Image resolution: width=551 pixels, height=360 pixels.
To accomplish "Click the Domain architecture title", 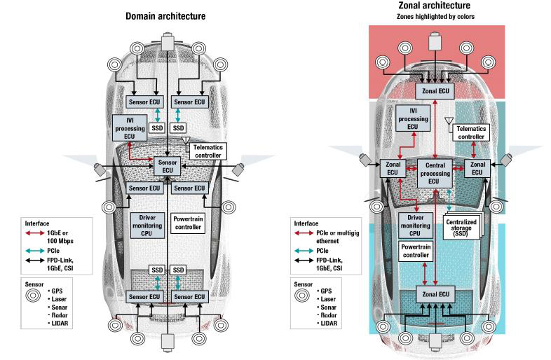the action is pos(165,16).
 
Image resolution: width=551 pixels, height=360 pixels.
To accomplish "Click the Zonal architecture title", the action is pos(435,6).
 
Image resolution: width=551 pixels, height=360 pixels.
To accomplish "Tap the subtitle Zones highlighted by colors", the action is pos(435,17).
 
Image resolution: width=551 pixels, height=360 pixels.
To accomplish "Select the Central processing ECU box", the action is pos(435,173).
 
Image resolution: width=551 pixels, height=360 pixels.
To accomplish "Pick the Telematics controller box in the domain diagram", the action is pos(208,151).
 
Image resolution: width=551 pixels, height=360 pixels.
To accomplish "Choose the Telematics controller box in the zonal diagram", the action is pos(471,133).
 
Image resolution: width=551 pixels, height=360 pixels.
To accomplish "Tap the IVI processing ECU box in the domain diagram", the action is pos(130,128).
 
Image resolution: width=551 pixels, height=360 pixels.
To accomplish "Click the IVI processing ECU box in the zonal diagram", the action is pos(413,118).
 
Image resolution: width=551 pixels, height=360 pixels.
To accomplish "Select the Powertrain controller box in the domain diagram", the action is pos(188,223).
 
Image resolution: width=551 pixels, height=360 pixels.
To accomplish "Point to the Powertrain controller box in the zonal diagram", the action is pos(416,251).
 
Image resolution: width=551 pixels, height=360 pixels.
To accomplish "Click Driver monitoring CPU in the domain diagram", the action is pos(147,225).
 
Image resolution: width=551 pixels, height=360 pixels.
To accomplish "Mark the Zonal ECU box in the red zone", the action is pos(435,91).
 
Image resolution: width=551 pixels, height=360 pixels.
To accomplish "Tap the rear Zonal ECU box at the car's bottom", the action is pos(435,294).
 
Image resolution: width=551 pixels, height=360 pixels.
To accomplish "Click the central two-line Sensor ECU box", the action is pos(168,166).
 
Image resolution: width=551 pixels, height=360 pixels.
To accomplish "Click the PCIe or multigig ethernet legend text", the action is pos(338,237).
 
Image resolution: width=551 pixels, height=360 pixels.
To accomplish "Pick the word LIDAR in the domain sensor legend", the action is pos(60,323).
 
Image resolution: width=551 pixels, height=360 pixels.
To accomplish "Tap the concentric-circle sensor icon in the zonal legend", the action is pos(302,296).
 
